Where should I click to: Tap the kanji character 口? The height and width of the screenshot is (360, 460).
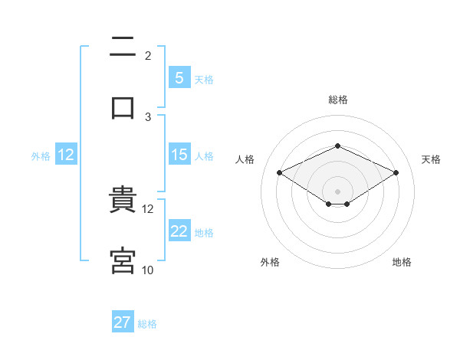click(123, 107)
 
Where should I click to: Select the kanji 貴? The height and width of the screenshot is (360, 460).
click(123, 201)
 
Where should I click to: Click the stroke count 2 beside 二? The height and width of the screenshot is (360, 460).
click(148, 55)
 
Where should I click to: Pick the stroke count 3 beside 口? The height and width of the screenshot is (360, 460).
click(148, 116)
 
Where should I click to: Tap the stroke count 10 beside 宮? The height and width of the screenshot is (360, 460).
click(148, 270)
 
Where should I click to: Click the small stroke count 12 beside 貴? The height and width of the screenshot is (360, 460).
click(148, 208)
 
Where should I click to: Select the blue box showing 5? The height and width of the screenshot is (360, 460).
click(179, 77)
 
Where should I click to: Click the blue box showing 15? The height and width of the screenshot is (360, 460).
click(179, 155)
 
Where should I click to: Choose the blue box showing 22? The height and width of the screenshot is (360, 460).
click(179, 231)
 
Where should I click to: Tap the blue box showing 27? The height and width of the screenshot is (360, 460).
click(122, 322)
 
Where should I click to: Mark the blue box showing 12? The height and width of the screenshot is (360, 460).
click(66, 155)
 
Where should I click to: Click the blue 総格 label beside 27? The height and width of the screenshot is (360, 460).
click(147, 324)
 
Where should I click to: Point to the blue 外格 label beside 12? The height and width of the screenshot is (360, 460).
click(41, 156)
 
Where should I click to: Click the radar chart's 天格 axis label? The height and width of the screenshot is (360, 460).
click(431, 159)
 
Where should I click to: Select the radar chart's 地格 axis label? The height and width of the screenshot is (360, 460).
click(402, 262)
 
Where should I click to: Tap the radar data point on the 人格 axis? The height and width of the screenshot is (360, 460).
click(280, 173)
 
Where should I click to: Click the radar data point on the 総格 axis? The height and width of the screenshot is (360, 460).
click(337, 146)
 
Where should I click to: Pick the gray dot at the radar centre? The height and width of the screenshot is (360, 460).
click(337, 191)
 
